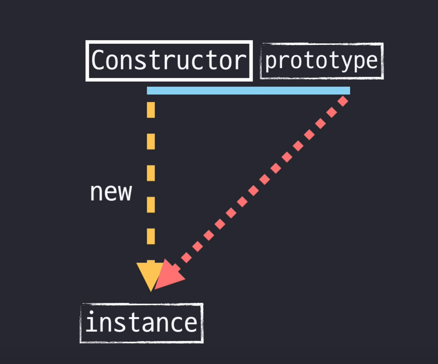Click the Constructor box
[x=169, y=61]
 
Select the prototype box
[x=322, y=61]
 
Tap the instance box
[x=142, y=323]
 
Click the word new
[x=111, y=192]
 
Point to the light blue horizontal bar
[x=248, y=91]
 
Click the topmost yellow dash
[x=151, y=109]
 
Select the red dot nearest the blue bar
[x=343, y=101]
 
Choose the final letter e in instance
[x=190, y=323]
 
